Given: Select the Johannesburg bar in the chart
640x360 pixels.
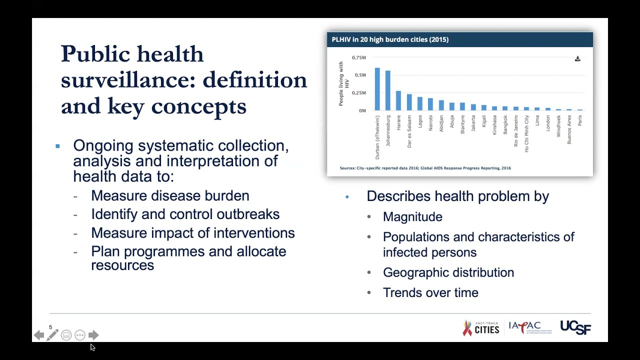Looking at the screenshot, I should coord(387,90).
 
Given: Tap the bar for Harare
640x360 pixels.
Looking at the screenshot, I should coord(398,100).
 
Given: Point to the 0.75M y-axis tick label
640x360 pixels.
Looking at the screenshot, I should coord(358,57).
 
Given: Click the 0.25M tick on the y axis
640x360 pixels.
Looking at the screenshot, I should coord(358,93).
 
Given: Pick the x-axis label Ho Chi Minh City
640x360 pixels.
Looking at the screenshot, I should coord(526,133).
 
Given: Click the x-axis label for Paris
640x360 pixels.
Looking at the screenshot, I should coord(580,120).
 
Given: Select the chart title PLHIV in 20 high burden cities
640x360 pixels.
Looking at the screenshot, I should coord(390,39).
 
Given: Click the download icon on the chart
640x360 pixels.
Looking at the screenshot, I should coord(577,59).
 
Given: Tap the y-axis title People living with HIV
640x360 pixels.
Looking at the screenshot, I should coord(343,83).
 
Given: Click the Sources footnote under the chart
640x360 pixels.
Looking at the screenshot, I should coord(425,168).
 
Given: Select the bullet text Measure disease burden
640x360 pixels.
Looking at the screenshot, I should coord(170,196).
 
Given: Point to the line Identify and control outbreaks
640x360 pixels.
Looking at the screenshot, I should coord(185,214).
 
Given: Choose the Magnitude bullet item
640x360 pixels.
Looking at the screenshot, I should coord(412,217).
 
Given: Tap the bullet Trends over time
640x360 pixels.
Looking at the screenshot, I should coord(430,293).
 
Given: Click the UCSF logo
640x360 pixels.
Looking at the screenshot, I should coord(575,327).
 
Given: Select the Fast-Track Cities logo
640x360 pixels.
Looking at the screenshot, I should coord(481,328).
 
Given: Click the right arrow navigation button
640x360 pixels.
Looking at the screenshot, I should coord(93,335).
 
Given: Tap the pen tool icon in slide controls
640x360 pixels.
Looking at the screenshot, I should coord(52,335).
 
